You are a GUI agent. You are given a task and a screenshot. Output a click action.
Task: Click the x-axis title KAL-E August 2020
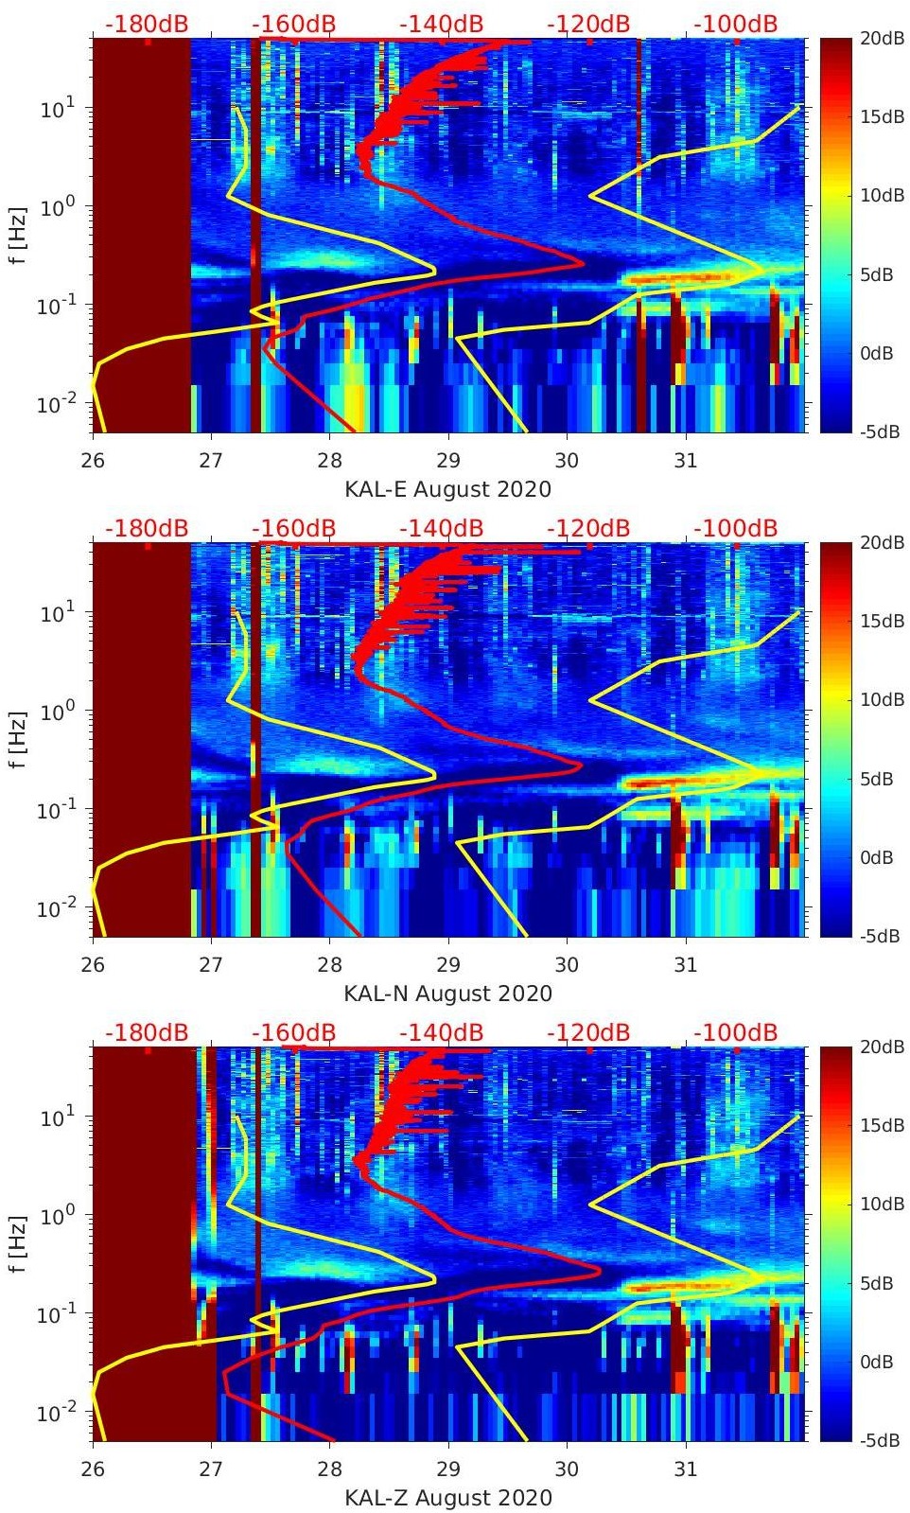coord(447,489)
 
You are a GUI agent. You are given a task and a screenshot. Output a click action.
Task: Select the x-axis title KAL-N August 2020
coord(447,994)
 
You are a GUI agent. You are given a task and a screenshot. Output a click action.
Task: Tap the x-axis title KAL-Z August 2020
coord(447,1498)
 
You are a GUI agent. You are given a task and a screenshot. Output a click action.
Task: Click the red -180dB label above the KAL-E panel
coord(147,24)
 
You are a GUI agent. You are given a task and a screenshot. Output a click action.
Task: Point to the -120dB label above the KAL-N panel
coord(589,528)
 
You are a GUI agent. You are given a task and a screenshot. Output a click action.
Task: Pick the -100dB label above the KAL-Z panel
coord(736,1032)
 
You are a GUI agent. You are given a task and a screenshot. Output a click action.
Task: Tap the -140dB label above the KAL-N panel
coord(441,528)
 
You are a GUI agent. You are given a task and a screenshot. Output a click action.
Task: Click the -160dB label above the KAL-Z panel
coord(294,1032)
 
